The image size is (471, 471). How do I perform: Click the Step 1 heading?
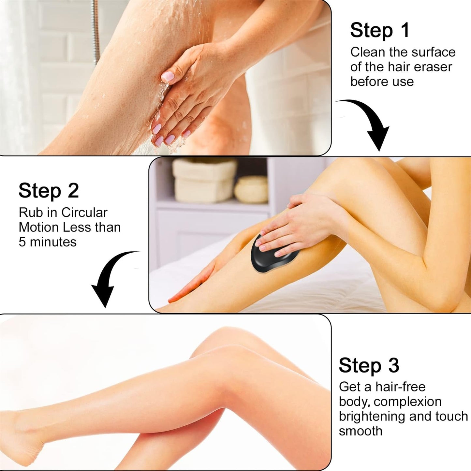(x=379, y=30)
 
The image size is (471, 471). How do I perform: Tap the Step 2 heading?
(x=49, y=191)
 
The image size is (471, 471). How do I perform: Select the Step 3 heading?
(x=369, y=365)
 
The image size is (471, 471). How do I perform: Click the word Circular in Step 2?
(x=84, y=213)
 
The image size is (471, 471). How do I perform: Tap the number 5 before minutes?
(x=22, y=242)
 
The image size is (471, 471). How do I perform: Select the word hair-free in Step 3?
(x=400, y=387)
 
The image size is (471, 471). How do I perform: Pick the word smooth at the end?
(x=360, y=431)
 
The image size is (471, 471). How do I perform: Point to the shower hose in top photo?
(x=95, y=29)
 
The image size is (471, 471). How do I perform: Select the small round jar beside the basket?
(x=251, y=190)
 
